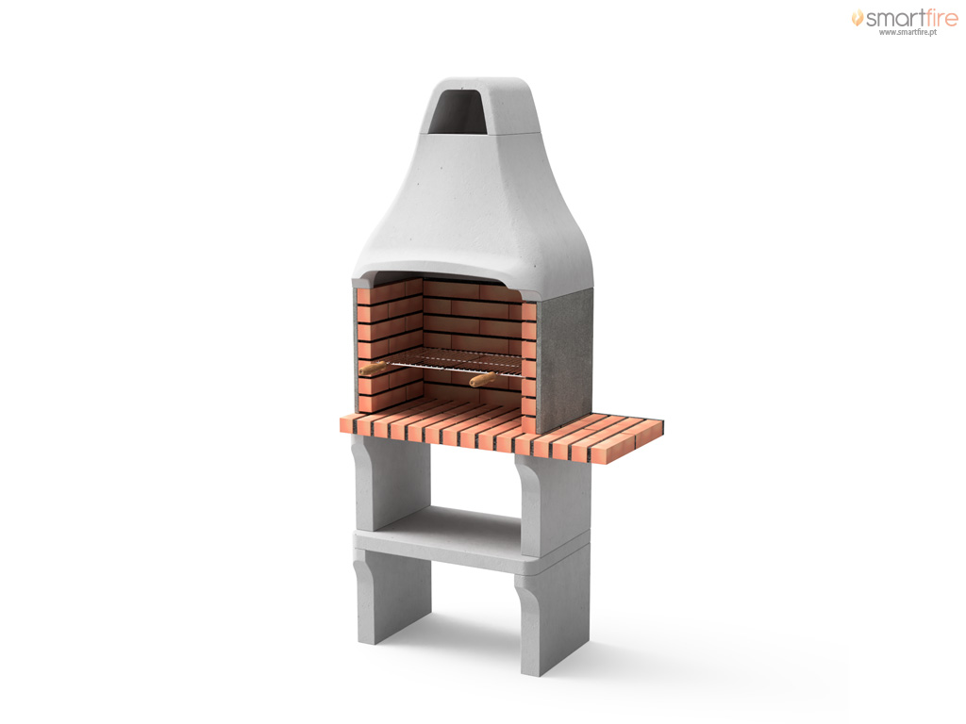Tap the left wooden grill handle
tap(373, 369)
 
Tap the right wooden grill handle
tap(482, 379)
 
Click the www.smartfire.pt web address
tap(908, 32)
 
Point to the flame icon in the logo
tap(857, 17)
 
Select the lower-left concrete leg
tap(391, 596)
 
